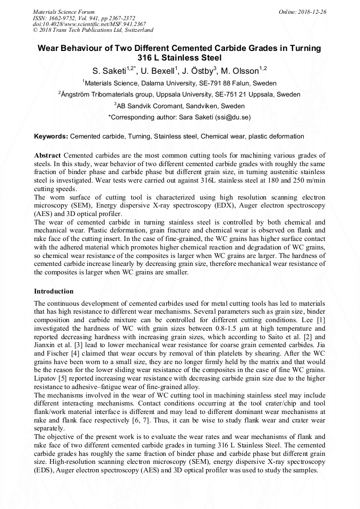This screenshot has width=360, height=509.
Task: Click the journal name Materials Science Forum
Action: coord(64,12)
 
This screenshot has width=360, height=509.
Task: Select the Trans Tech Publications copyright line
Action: coord(93,30)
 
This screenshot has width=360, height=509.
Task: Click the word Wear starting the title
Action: coord(49,48)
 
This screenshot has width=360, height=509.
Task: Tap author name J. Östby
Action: coord(199,71)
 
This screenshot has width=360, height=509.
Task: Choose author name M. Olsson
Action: coord(242,71)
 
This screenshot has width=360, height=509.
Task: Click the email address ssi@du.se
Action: coord(233,117)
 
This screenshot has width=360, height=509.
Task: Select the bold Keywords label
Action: coord(51,136)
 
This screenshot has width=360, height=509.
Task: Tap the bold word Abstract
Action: coord(48,155)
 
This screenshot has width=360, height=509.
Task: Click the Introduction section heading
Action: coord(54,291)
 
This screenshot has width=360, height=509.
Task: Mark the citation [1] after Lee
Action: coord(320,321)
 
